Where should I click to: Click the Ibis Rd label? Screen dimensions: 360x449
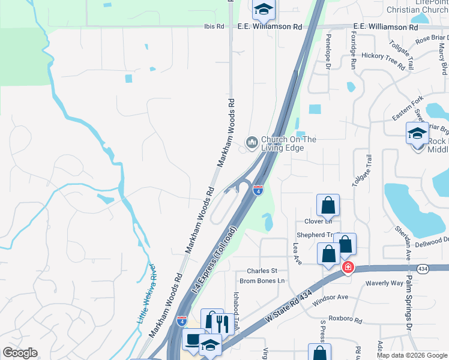pos(214,27)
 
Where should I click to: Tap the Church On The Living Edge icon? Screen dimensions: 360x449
pos(252,143)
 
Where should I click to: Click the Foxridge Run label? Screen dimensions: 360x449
pos(353,53)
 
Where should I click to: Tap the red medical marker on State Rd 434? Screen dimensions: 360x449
pos(348,266)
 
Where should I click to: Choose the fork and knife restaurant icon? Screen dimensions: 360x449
pos(222,324)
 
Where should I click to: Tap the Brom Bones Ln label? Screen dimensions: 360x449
pos(261,281)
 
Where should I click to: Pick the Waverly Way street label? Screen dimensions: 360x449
pos(385,283)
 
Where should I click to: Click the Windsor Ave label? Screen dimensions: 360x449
pos(331,297)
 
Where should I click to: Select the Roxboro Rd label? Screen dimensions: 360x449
pos(346,320)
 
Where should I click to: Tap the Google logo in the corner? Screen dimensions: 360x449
pos(20,353)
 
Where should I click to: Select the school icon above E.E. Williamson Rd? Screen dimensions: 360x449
pos(262,9)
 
